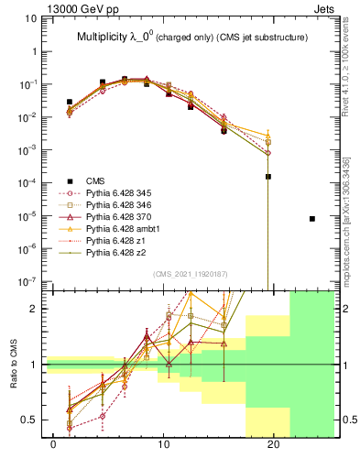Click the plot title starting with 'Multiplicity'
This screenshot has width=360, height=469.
point(191,38)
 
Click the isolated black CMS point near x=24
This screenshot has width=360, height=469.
point(312,219)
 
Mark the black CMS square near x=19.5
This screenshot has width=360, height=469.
point(268,177)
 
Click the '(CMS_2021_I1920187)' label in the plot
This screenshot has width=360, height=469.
point(191,274)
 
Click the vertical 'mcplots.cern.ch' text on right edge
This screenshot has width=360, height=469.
point(351,220)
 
